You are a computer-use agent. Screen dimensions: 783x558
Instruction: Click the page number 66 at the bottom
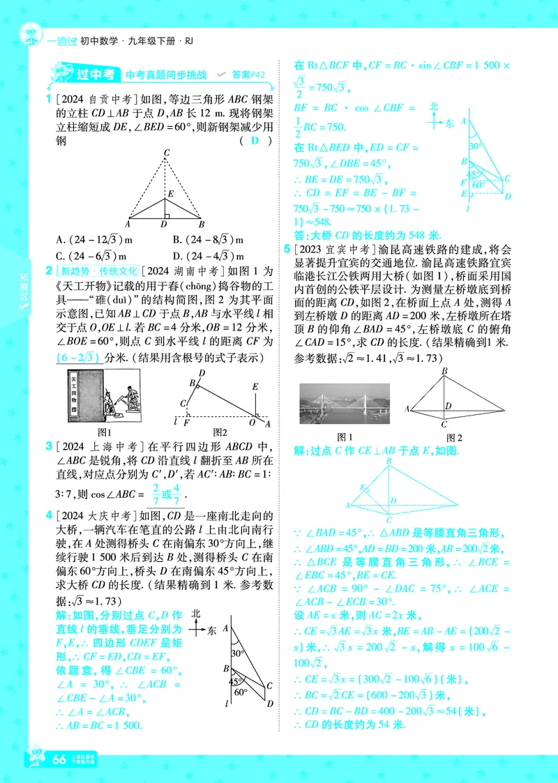tap(59, 759)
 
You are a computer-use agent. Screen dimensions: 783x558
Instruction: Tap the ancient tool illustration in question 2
tap(105, 398)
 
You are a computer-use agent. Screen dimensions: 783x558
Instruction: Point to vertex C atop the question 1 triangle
tap(166, 153)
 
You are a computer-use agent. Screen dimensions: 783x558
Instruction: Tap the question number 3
tap(50, 446)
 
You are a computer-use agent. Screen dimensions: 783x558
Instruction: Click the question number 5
tap(286, 249)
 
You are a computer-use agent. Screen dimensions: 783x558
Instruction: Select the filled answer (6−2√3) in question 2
tap(77, 358)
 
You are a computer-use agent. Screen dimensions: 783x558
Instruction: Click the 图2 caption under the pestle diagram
tap(220, 432)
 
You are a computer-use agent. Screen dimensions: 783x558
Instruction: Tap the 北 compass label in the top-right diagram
tap(433, 106)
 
